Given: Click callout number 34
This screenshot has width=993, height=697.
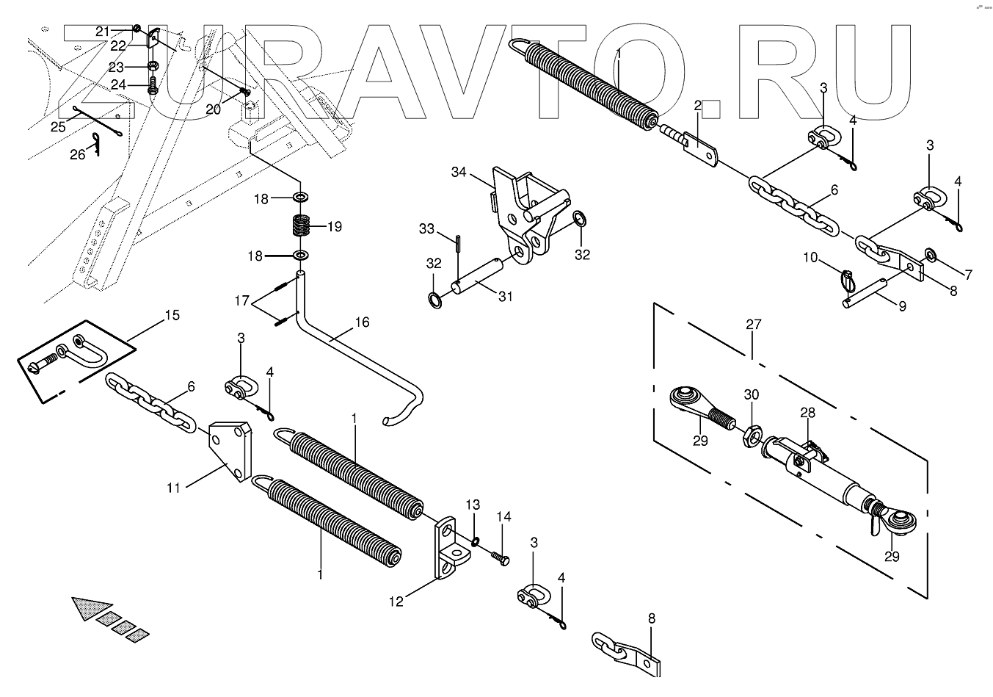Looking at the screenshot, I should coord(459,173).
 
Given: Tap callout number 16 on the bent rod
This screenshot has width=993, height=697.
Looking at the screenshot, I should coord(362,322).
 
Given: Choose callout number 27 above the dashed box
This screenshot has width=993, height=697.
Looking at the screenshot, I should coord(754,324).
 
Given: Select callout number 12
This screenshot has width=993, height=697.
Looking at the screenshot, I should coord(396,602).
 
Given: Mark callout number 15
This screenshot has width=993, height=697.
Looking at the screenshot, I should coord(172,316).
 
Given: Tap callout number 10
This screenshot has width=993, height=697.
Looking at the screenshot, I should coord(810,257).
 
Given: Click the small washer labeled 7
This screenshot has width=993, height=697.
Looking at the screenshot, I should coord(931,255).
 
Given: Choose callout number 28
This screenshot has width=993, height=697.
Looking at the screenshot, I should coord(807,413).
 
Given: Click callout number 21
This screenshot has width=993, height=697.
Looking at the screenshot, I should coord(102,31).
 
